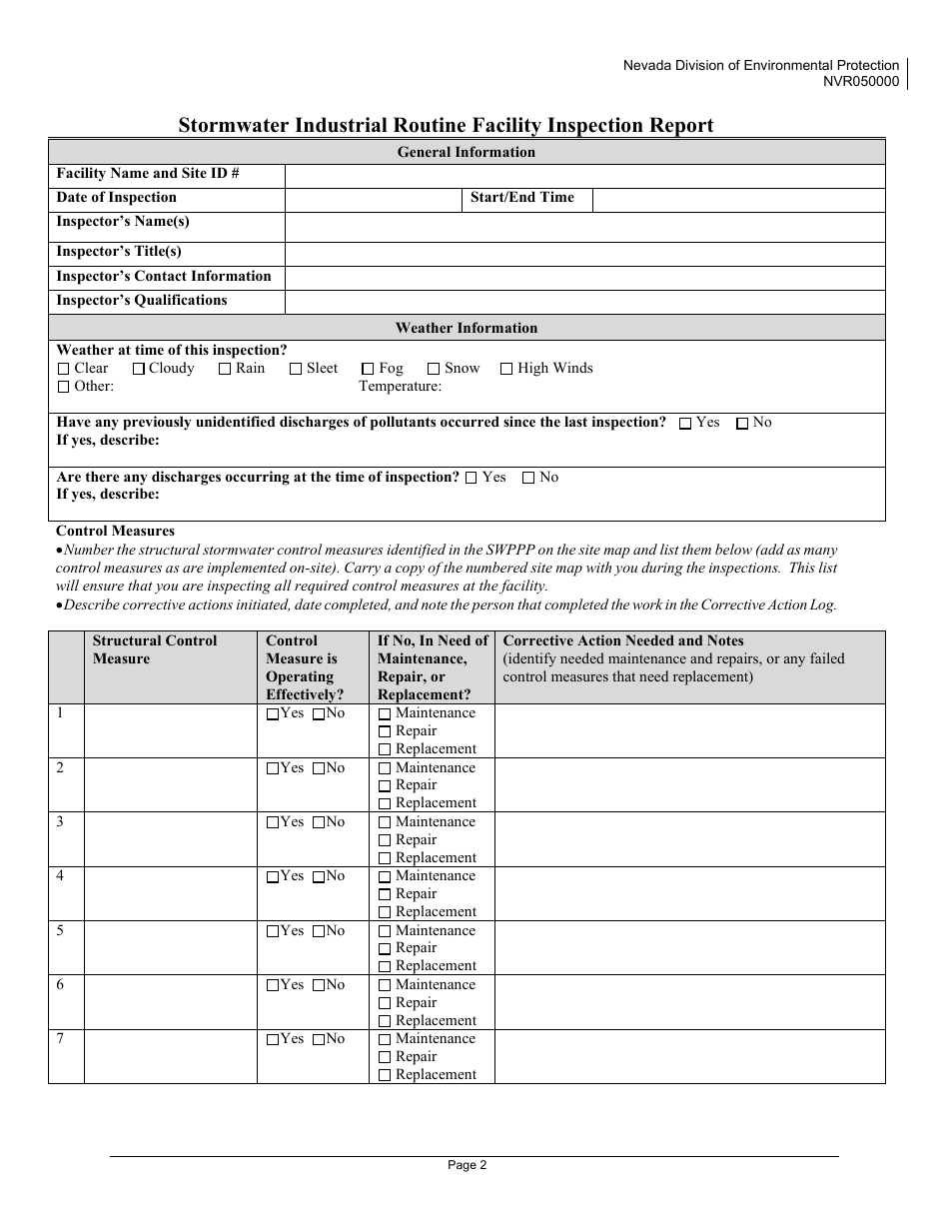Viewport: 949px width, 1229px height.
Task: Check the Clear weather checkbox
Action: tap(64, 369)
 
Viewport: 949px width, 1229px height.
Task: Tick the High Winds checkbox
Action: tap(506, 369)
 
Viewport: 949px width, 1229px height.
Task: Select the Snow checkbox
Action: tap(434, 369)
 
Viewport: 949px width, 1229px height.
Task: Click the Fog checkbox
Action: tap(368, 369)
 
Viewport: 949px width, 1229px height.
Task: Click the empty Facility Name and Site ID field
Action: tap(584, 175)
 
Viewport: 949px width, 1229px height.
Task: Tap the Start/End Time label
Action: tap(521, 198)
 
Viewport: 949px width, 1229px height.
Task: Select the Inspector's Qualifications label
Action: tap(142, 301)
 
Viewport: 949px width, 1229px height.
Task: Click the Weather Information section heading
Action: tap(467, 328)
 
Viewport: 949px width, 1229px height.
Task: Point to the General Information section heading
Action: tap(467, 152)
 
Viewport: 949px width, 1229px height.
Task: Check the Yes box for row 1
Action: tap(273, 714)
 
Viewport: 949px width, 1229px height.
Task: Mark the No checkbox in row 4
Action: tap(319, 877)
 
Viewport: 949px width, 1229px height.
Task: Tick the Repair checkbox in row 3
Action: tap(385, 840)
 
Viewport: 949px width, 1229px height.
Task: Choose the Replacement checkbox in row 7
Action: tap(385, 1076)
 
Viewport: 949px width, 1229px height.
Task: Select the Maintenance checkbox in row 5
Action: tap(385, 931)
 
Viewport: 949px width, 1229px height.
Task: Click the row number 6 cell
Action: tap(65, 1001)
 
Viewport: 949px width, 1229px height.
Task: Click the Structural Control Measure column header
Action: tap(155, 649)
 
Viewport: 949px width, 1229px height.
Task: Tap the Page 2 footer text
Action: tap(467, 1164)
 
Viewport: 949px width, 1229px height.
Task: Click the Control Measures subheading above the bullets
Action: tap(115, 532)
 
